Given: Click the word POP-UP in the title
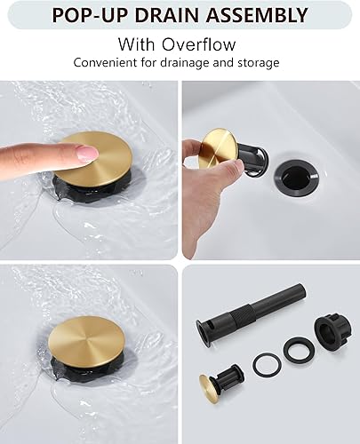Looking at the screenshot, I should (x=88, y=15).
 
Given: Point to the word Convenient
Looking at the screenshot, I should (x=108, y=63).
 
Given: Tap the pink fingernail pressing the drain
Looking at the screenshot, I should (x=87, y=154).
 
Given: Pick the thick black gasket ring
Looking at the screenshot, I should (x=297, y=350).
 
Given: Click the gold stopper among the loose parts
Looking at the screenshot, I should (x=213, y=384).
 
